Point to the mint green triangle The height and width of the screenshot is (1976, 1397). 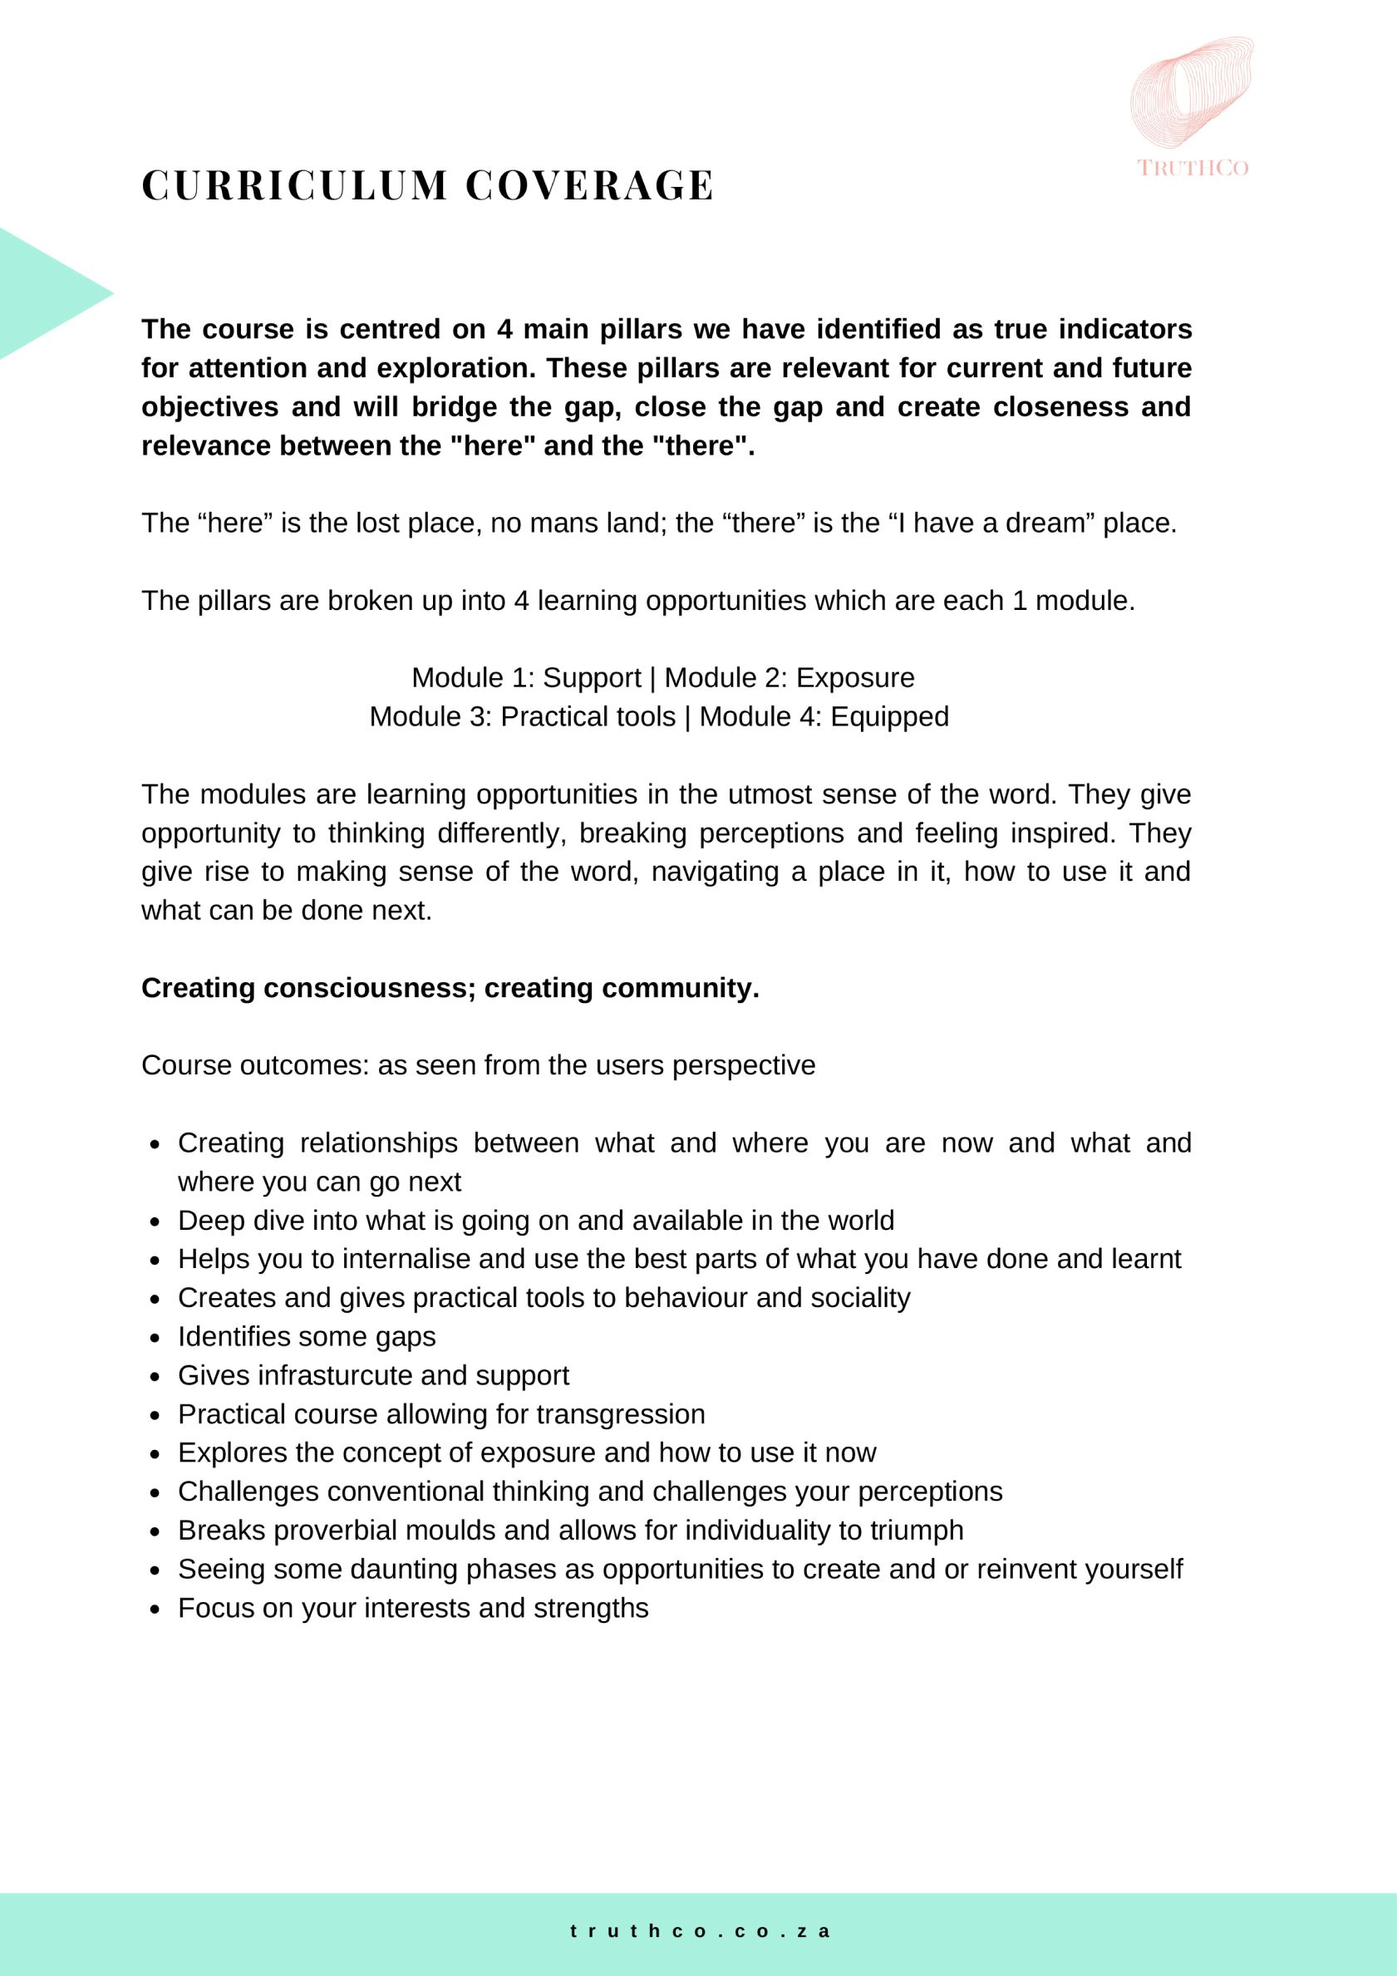[43, 292]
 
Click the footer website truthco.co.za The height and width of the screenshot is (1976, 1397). [699, 1930]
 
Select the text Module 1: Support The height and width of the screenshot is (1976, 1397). [526, 677]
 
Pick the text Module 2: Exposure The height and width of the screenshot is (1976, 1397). [790, 677]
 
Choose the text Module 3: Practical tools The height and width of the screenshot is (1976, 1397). [523, 716]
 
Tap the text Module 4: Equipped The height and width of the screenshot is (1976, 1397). [824, 716]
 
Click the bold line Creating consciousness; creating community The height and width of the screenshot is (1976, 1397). [450, 987]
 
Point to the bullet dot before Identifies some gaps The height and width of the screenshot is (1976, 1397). [155, 1339]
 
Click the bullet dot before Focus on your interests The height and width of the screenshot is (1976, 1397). [155, 1610]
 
